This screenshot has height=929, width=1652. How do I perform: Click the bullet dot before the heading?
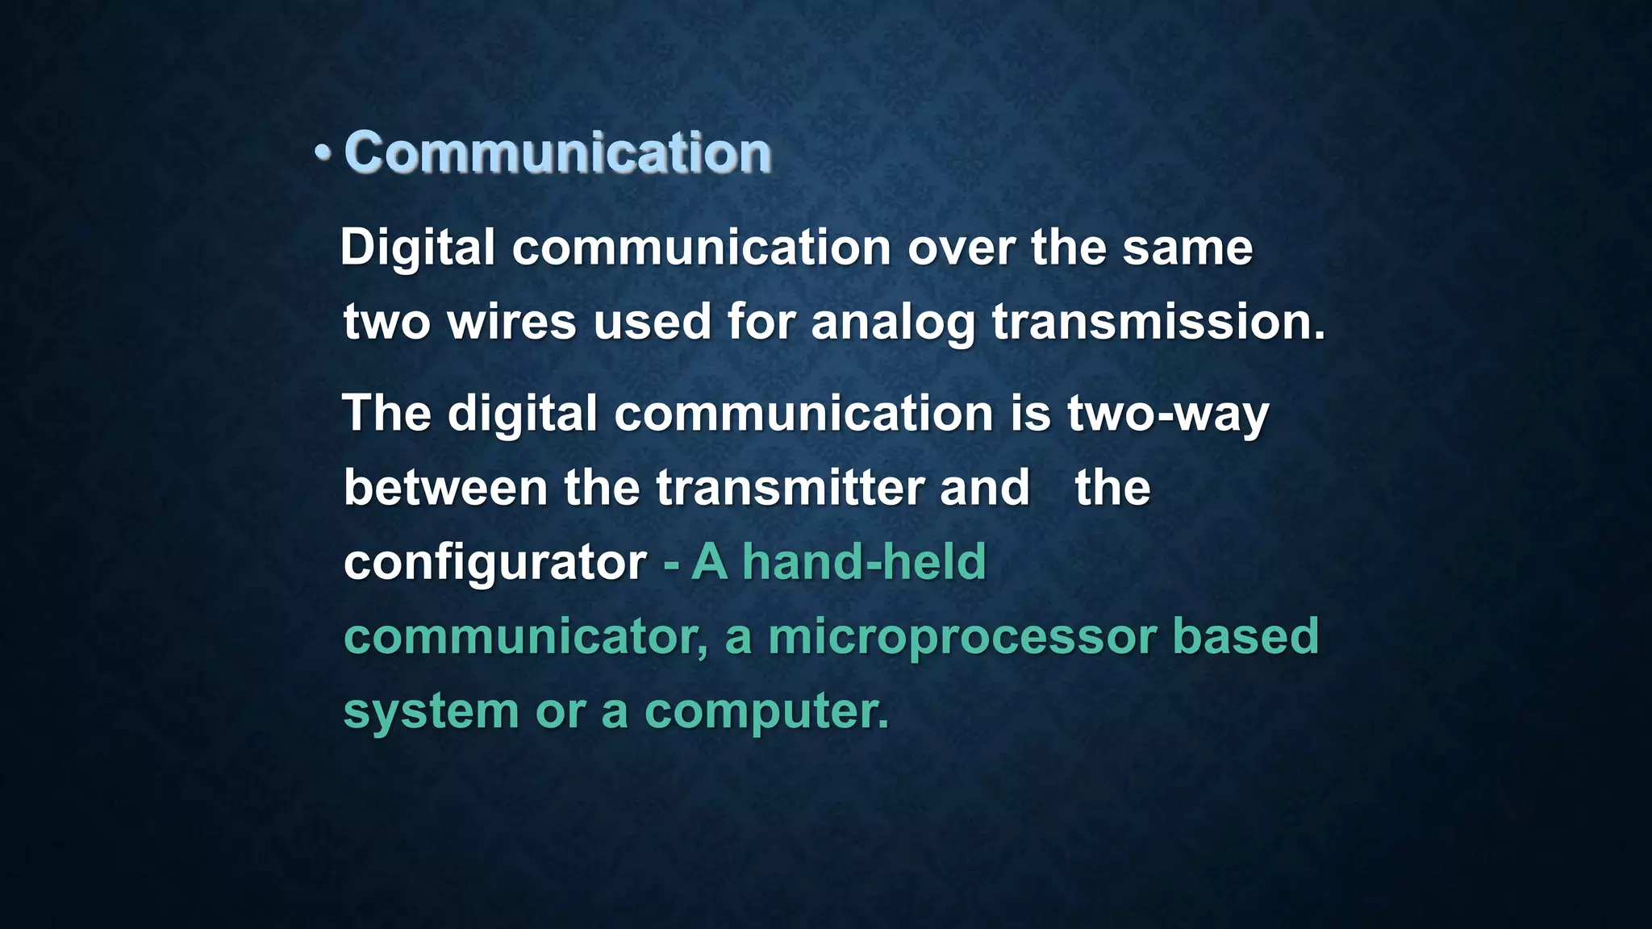pos(323,152)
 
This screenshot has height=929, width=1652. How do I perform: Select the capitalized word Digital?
pos(417,248)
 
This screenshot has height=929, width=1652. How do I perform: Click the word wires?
pos(511,322)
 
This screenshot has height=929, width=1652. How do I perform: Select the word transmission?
pos(1158,322)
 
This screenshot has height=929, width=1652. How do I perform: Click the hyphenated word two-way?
pos(1168,415)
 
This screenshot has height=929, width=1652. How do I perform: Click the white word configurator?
pos(494,563)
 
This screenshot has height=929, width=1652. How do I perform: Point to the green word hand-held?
pos(864,561)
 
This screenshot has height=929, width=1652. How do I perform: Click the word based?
pos(1245,636)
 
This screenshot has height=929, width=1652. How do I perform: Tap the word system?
pos(431,712)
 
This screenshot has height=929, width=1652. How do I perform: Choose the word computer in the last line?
pos(766,712)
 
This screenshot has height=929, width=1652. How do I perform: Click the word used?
pos(652,322)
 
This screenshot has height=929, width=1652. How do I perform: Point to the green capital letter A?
pos(710,561)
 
